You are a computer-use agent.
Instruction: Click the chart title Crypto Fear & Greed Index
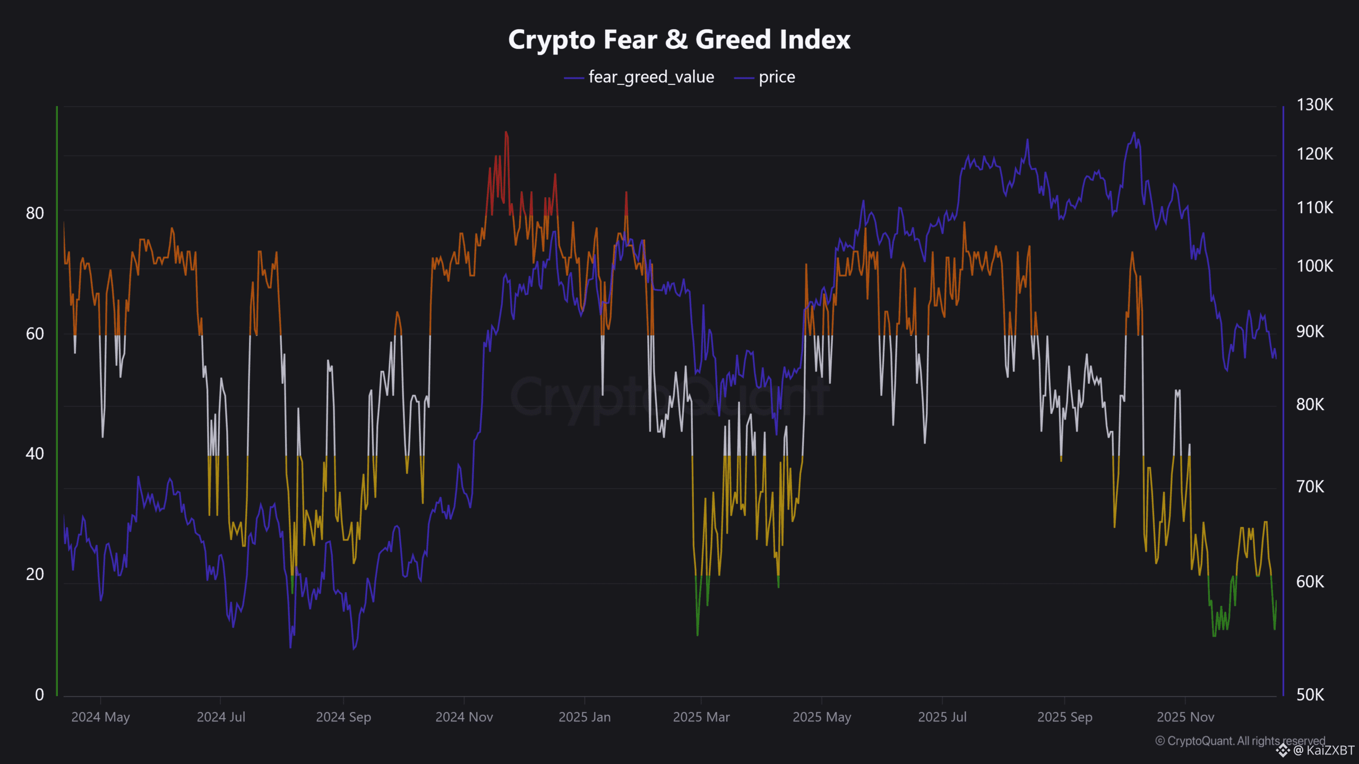(679, 40)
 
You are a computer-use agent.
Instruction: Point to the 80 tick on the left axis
(35, 213)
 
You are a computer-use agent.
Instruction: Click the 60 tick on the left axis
(35, 334)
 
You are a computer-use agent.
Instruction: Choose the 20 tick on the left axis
(35, 574)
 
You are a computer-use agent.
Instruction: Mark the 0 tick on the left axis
(39, 694)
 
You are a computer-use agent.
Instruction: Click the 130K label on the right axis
(1314, 105)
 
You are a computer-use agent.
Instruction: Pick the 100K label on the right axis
(1314, 266)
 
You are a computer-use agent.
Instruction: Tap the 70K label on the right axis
(1310, 487)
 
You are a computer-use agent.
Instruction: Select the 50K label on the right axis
(1310, 694)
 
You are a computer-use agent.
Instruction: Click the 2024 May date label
(100, 717)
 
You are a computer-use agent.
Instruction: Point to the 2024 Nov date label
(464, 717)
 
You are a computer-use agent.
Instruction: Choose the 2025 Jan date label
(584, 717)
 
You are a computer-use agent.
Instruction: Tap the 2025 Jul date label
(942, 717)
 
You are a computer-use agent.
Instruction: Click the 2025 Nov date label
(1185, 717)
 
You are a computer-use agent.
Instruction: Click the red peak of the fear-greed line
(506, 133)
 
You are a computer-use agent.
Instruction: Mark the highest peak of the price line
(1134, 133)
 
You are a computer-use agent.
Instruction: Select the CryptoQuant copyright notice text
(1240, 741)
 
